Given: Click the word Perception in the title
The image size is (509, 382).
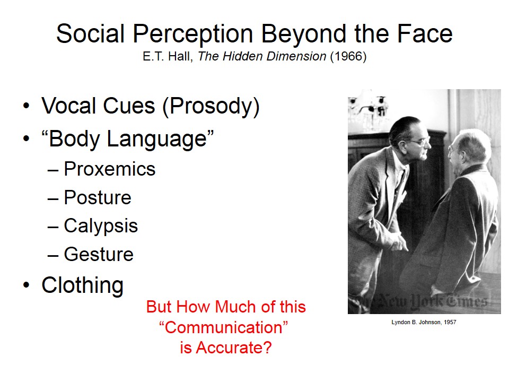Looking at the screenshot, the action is [x=193, y=34].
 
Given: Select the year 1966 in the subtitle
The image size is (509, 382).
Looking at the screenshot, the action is [x=348, y=56].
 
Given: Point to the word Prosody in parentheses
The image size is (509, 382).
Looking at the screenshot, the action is [x=210, y=106].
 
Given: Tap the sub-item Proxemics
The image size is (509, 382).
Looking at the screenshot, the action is [x=110, y=169].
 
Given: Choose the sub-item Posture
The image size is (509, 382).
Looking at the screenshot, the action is [x=98, y=197].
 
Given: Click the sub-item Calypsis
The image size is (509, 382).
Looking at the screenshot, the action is [x=101, y=226].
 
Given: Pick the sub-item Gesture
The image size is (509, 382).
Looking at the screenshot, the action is [x=99, y=254].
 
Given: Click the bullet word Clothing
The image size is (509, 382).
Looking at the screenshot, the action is [x=83, y=285].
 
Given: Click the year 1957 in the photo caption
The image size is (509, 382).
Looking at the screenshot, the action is [x=450, y=322].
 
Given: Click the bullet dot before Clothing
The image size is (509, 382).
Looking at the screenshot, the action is [x=27, y=285].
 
